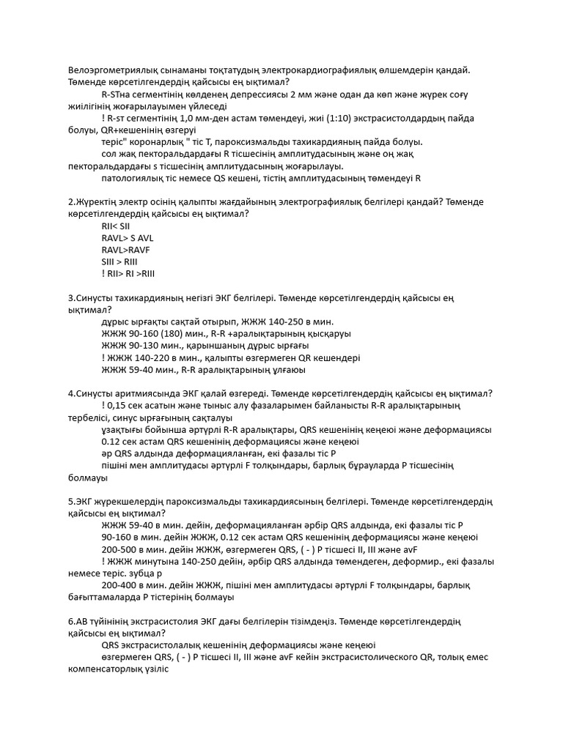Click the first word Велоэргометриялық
click(x=111, y=70)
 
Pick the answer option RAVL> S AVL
click(x=128, y=238)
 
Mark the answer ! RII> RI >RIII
click(x=128, y=274)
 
